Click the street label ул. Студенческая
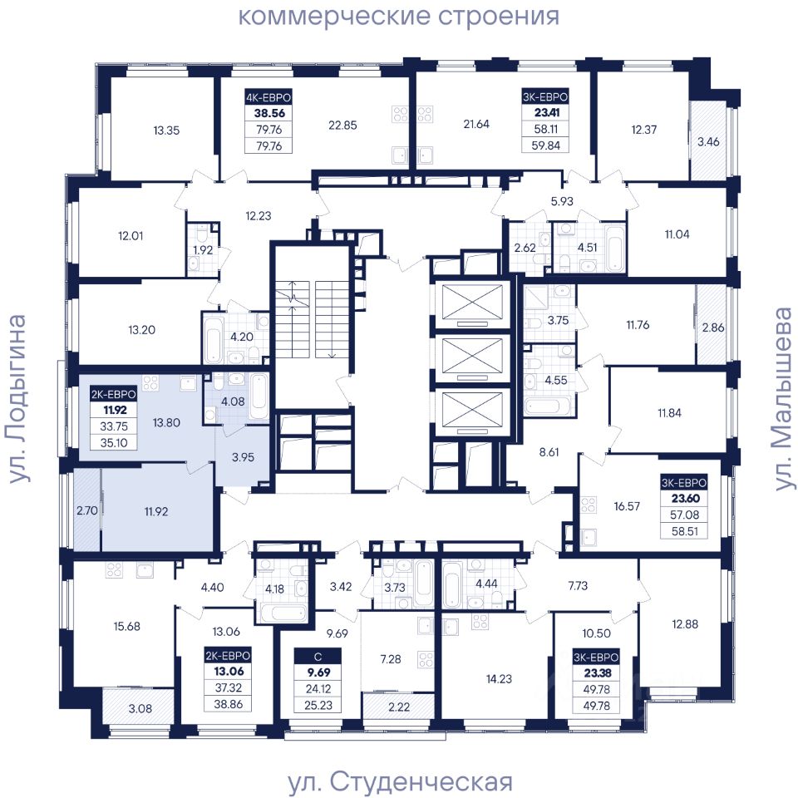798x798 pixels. [400, 781]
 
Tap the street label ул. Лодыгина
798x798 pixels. [17, 398]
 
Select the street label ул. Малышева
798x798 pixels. [783, 398]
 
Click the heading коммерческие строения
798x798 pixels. [399, 16]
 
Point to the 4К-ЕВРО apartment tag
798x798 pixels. [268, 96]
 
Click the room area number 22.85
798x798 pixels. [342, 125]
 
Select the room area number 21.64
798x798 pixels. [475, 124]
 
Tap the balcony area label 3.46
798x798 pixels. [708, 141]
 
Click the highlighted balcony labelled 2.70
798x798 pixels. [87, 510]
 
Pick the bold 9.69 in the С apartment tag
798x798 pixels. [318, 672]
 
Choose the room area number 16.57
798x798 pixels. [627, 506]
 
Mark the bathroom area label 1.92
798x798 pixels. [203, 250]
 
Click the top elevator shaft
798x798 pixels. [473, 304]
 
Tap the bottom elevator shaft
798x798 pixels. [473, 411]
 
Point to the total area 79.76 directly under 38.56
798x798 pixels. [269, 130]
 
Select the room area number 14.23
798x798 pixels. [499, 678]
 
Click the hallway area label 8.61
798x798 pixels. [549, 452]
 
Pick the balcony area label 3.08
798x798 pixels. [140, 708]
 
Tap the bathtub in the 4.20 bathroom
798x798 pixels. [213, 339]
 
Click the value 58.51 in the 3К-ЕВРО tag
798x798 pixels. [684, 531]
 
